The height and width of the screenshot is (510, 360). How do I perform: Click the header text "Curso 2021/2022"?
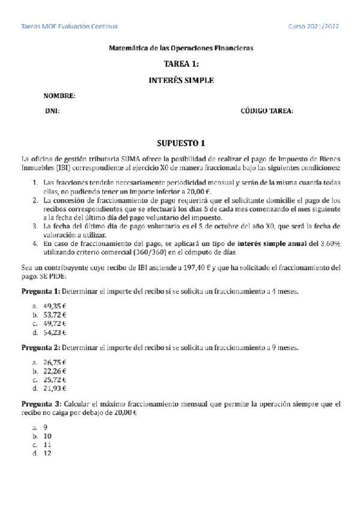point(314,26)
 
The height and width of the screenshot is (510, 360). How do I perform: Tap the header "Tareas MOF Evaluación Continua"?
point(69,26)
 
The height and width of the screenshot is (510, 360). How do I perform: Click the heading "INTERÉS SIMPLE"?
point(181,79)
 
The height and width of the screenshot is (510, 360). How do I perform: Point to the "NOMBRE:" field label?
point(59,96)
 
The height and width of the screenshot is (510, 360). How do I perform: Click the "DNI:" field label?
point(52,111)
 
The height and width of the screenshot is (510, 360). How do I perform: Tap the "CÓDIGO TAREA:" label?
point(267,111)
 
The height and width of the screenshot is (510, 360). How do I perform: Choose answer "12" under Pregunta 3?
point(47,453)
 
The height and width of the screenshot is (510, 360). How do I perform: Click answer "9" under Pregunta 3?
point(45,427)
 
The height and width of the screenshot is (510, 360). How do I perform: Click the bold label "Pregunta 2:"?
point(41,348)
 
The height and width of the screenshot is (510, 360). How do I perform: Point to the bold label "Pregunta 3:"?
point(41,404)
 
